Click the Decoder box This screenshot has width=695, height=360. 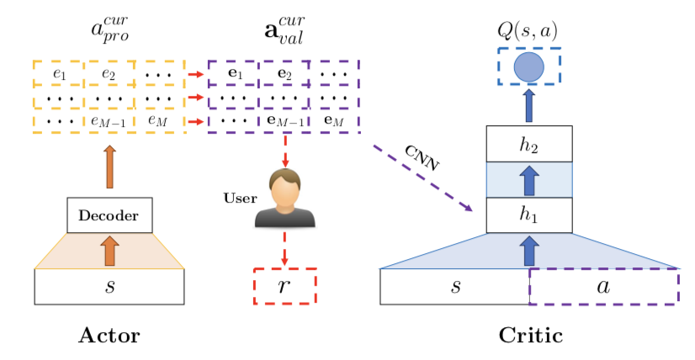click(109, 216)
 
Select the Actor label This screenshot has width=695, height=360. click(109, 336)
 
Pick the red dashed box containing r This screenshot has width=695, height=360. click(284, 287)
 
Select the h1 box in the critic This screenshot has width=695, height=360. click(529, 214)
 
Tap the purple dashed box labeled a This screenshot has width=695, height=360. click(602, 286)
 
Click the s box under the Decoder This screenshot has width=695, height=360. click(109, 286)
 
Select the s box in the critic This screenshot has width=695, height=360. click(454, 286)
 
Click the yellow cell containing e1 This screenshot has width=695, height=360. click(58, 74)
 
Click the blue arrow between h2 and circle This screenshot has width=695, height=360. click(529, 106)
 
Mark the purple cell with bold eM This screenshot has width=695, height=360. click(336, 121)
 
